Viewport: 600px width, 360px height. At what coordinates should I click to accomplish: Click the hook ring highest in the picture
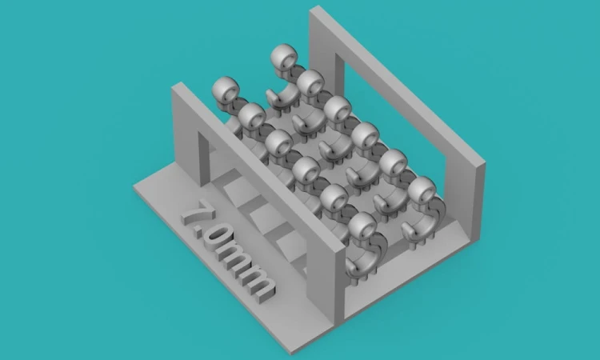[284, 57]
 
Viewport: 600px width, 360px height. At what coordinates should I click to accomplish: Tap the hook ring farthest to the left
[226, 89]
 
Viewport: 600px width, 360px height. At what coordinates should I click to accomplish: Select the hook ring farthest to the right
[422, 190]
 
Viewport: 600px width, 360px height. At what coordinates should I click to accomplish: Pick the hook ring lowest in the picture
[362, 225]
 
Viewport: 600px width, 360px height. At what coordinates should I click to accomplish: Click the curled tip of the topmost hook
[271, 96]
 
